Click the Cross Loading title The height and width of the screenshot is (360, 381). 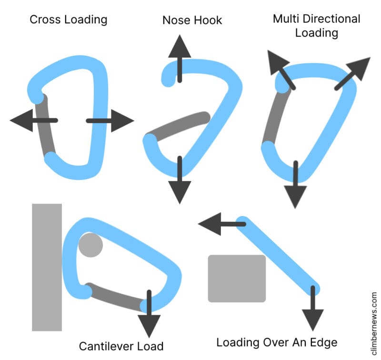click(68, 20)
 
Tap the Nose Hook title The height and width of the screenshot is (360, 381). click(192, 20)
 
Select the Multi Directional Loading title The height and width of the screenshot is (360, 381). click(316, 26)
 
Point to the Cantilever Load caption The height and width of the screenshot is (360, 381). click(121, 346)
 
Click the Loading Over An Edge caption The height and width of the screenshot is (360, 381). click(277, 342)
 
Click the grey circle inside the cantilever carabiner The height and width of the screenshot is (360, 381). click(90, 246)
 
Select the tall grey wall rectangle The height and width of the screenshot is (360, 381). click(47, 267)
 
